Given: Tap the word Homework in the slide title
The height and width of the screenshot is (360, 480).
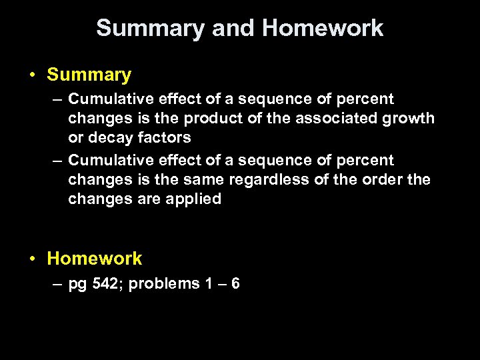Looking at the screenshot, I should [x=323, y=29].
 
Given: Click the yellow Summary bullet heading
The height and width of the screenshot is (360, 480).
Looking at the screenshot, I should [x=89, y=75].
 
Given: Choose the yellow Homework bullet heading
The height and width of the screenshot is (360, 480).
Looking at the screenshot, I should [x=95, y=258].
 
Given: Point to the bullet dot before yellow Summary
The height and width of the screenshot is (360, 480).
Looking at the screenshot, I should [x=32, y=75].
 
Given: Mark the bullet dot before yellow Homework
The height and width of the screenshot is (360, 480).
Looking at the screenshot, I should [x=32, y=259].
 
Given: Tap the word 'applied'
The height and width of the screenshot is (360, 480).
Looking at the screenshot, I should [x=195, y=199].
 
